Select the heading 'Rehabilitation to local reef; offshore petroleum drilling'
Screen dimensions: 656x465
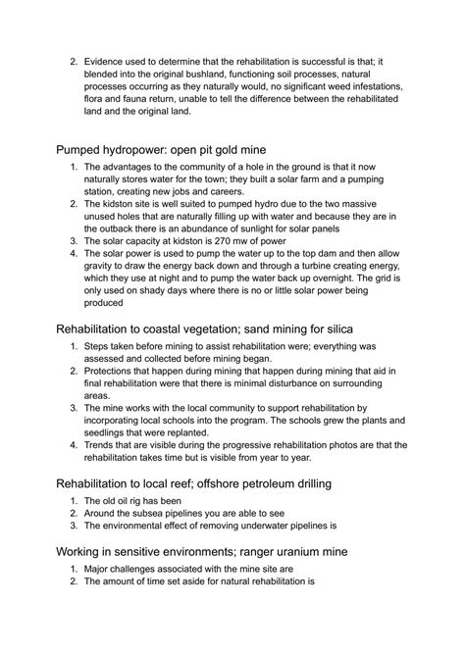click(x=222, y=483)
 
